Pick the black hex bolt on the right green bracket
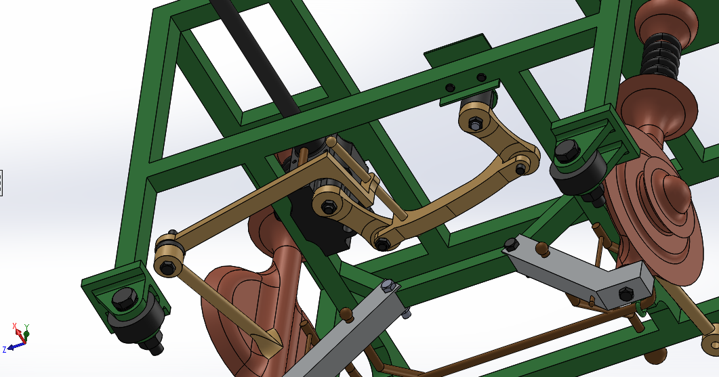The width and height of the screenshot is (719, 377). (566, 150)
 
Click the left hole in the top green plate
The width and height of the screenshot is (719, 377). (449, 87)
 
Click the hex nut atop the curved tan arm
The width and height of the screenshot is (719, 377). (474, 124)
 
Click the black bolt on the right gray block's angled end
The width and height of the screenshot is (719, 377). (623, 293)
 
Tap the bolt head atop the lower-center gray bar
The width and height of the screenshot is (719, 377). (388, 285)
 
